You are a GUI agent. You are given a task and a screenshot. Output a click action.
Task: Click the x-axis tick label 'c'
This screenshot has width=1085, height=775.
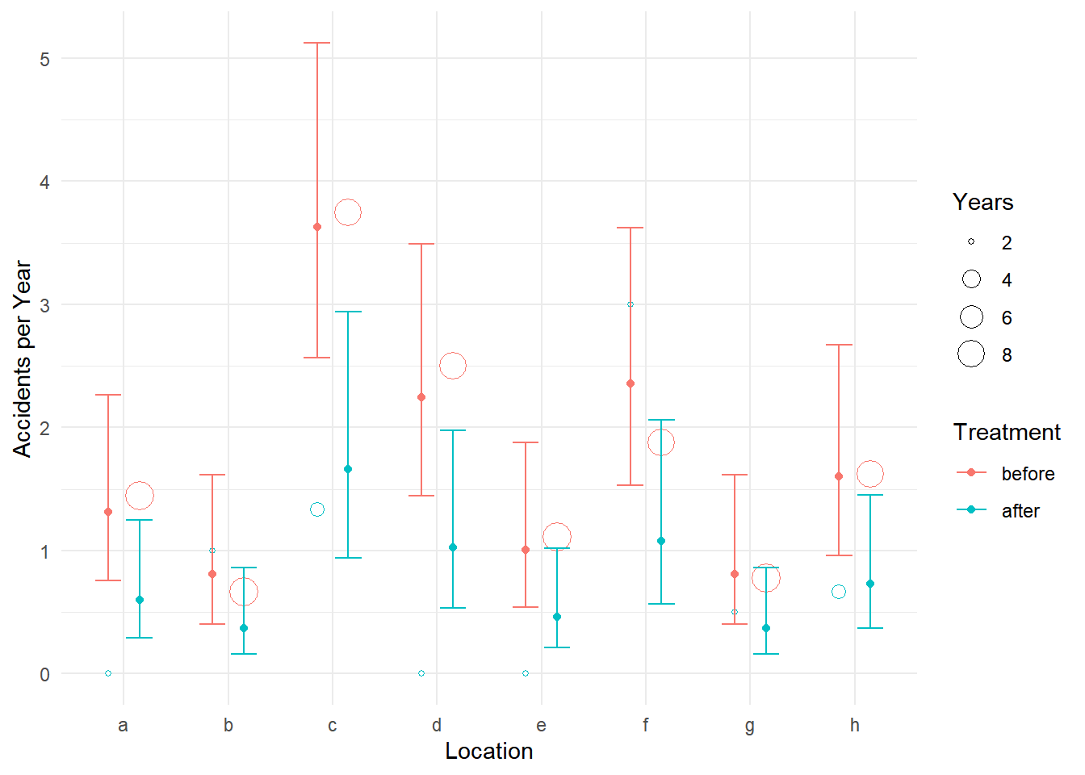click(332, 725)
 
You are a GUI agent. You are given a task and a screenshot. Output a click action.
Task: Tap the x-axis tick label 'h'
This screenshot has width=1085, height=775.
click(854, 725)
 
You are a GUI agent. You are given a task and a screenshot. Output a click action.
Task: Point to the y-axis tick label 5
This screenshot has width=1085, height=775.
click(44, 59)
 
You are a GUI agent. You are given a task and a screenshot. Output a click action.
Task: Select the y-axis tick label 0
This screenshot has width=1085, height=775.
click(44, 674)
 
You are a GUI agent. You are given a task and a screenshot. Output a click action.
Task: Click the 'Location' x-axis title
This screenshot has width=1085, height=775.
click(488, 751)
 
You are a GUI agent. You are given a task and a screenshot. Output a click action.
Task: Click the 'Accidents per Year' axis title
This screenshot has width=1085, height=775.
click(23, 358)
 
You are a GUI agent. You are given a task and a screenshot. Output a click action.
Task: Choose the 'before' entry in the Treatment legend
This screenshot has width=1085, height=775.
click(1027, 474)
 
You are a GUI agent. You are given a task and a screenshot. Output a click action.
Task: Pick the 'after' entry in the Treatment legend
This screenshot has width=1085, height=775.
click(1020, 511)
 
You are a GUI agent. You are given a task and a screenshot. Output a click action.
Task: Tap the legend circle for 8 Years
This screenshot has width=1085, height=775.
click(971, 354)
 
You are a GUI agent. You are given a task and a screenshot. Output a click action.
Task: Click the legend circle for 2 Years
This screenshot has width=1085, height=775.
click(971, 241)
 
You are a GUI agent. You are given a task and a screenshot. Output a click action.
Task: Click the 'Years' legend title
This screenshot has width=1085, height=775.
click(982, 202)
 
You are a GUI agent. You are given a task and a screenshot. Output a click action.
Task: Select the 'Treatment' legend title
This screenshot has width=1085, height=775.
click(1007, 432)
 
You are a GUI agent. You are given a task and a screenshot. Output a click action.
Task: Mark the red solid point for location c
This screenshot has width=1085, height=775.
click(316, 227)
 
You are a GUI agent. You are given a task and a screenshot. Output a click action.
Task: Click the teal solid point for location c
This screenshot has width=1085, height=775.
click(348, 469)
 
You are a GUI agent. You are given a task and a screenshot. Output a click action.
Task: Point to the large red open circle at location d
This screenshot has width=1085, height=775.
click(453, 366)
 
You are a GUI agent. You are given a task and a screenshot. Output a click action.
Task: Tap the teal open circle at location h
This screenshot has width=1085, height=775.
click(839, 592)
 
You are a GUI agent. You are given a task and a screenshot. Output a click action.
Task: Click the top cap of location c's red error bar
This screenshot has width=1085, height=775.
click(316, 43)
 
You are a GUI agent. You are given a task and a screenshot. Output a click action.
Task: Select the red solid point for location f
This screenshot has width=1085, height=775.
click(630, 383)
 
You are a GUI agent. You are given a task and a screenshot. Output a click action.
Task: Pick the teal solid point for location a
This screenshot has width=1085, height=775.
click(140, 600)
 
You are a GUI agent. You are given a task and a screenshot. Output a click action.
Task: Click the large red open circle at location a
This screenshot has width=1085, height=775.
click(140, 496)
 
